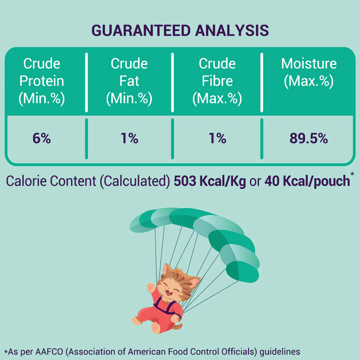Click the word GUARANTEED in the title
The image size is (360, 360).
(x=141, y=31)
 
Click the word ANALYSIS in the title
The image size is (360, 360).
(x=232, y=31)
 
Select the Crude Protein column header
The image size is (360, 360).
(x=42, y=81)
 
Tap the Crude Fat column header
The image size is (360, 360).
(x=129, y=81)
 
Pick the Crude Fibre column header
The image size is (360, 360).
(x=217, y=81)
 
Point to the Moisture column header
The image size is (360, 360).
(x=309, y=72)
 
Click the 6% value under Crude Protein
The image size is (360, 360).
(x=42, y=138)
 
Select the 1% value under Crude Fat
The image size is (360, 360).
(x=129, y=138)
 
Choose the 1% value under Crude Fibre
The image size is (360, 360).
(x=217, y=138)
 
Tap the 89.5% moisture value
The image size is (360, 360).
(x=309, y=138)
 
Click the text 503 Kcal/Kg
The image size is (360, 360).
(x=210, y=181)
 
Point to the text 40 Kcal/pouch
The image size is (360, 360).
(x=307, y=181)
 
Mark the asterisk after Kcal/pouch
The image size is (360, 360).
(x=352, y=174)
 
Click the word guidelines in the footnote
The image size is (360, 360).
(x=280, y=352)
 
